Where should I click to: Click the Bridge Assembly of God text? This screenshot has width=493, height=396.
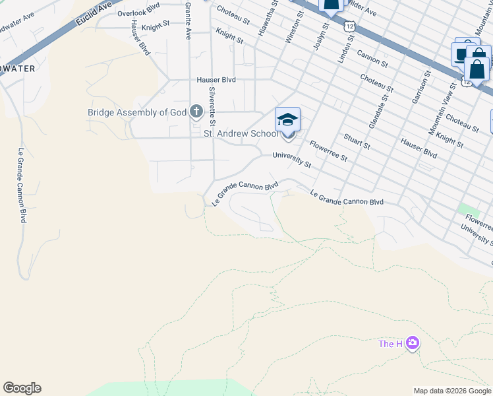pos(137,112)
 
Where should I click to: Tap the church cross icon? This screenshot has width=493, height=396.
pos(196,112)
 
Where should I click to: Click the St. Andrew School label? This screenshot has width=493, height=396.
pos(241,134)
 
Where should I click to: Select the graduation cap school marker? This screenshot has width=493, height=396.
pos(287,120)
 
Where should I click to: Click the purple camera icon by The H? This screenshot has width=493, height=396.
pos(413,343)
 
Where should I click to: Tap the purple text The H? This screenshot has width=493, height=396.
pos(390,344)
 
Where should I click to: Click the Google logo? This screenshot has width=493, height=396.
pos(22,388)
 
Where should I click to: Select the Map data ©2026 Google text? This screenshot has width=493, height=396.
pos(452,391)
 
